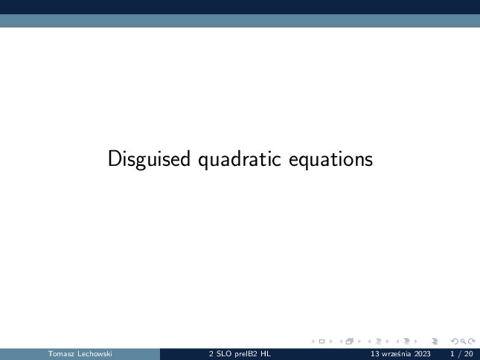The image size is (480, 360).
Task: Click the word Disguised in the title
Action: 149,159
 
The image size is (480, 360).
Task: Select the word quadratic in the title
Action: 240,159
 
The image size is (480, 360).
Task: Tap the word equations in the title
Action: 330,159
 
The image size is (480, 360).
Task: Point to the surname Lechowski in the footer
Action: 95,354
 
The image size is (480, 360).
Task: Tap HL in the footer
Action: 266,354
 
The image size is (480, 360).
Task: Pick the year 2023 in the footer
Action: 423,354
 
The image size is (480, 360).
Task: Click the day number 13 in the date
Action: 374,354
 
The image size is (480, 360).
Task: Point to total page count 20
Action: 469,354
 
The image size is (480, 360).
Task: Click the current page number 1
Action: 452,354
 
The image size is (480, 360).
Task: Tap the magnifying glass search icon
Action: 463,341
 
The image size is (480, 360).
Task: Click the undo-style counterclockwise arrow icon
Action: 455,341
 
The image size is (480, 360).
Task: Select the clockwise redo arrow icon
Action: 472,341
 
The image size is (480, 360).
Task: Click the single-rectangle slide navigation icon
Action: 321,341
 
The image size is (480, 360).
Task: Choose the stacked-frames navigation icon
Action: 350,341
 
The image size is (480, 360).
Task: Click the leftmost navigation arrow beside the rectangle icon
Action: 313,341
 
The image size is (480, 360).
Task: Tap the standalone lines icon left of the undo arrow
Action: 435,341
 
